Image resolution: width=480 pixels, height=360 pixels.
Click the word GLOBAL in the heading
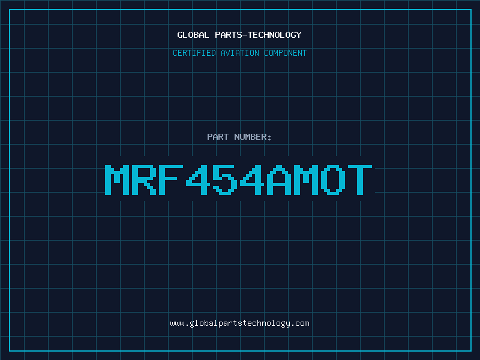click(x=193, y=35)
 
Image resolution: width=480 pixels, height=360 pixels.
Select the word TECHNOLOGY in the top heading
click(x=275, y=35)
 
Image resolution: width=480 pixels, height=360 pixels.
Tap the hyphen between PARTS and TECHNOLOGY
click(x=244, y=35)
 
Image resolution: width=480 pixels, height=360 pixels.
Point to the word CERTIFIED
click(x=194, y=53)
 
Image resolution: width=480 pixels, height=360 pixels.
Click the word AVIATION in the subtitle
click(x=240, y=53)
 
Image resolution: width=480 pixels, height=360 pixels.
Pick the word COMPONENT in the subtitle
click(x=286, y=53)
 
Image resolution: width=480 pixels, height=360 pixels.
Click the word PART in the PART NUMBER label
click(x=218, y=137)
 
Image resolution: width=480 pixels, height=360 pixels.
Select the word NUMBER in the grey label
click(x=251, y=137)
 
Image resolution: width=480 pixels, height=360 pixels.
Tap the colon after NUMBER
click(x=269, y=138)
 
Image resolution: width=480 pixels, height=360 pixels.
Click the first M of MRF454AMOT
click(x=117, y=179)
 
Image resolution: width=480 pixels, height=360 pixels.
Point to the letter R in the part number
click(x=144, y=179)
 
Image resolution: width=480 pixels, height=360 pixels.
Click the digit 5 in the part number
click(x=226, y=179)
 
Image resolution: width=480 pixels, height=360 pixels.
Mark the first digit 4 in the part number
click(x=198, y=179)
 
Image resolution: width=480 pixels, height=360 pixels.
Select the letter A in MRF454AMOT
click(x=279, y=179)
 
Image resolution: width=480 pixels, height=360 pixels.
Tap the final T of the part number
click(x=360, y=179)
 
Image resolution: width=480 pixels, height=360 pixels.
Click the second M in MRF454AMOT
click(x=306, y=179)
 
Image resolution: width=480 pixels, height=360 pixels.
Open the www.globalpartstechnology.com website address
click(x=239, y=323)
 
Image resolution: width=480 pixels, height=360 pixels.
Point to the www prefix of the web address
click(x=177, y=324)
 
